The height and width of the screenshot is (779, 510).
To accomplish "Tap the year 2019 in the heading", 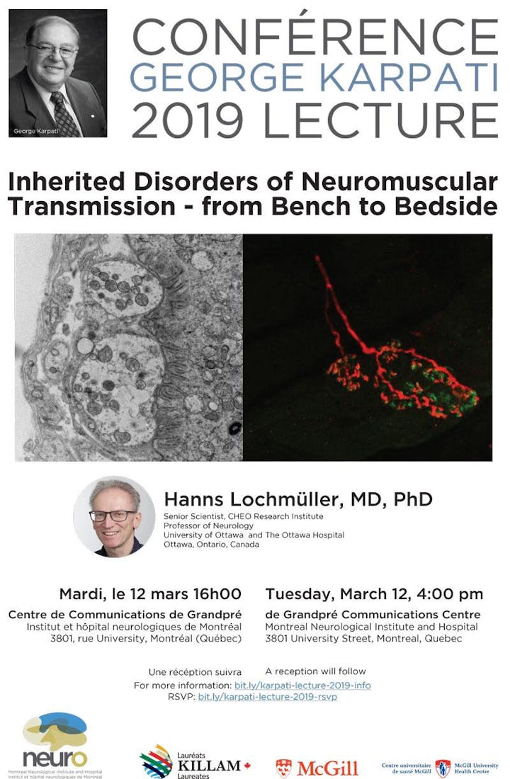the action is (x=188, y=120).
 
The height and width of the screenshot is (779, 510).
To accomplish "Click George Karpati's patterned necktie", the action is (x=64, y=114).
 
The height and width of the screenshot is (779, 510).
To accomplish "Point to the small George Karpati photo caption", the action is (x=36, y=131).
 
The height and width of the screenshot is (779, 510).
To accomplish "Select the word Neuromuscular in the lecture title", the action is (x=399, y=182).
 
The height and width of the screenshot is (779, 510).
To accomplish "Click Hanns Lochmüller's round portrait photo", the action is (x=114, y=517).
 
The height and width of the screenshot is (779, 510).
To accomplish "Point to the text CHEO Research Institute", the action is (x=276, y=516).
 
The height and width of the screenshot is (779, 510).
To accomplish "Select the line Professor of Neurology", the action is (x=208, y=525).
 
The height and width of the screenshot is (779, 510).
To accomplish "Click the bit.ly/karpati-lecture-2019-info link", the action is (x=302, y=686).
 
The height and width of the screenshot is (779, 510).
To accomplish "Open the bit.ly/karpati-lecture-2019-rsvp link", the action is (x=268, y=697).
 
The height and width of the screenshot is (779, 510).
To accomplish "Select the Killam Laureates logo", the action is (x=195, y=761).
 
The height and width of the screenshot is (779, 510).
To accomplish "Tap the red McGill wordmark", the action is (x=327, y=768).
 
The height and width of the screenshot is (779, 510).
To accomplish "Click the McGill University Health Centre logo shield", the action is (x=443, y=768).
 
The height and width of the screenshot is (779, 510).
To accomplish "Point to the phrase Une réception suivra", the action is (x=195, y=672).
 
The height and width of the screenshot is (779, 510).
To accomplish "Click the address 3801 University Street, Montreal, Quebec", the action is (x=364, y=638).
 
